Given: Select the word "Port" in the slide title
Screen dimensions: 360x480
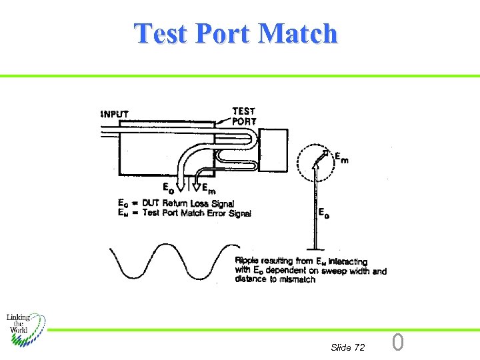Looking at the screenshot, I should coord(224,33).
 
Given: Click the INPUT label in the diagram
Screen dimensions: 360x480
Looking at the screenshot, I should coord(115,114).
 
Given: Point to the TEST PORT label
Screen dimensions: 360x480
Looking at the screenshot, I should coord(243,116).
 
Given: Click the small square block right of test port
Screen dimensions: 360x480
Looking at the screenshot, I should coord(273,151).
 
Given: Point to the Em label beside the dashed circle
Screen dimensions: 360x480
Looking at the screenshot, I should coord(340,158).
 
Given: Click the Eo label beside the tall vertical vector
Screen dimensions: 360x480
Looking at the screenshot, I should coord(323,213).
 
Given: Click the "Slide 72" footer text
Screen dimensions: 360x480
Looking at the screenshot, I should coord(347,347).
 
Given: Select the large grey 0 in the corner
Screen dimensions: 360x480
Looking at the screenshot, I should coord(397,343).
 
